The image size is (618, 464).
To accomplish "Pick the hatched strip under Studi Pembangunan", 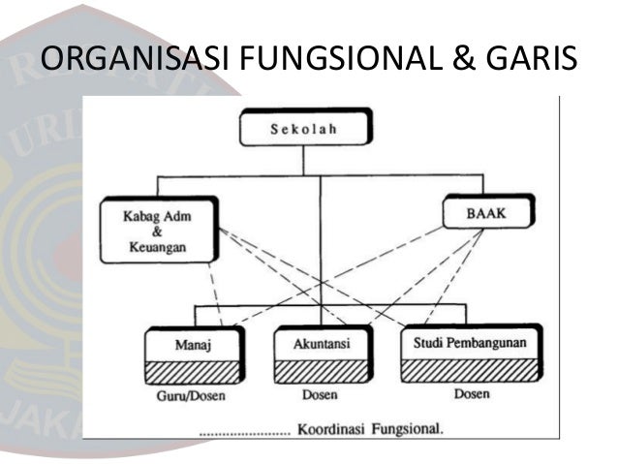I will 470,371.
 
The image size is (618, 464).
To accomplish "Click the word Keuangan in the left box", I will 156,249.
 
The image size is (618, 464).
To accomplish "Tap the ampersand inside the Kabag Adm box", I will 156,233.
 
